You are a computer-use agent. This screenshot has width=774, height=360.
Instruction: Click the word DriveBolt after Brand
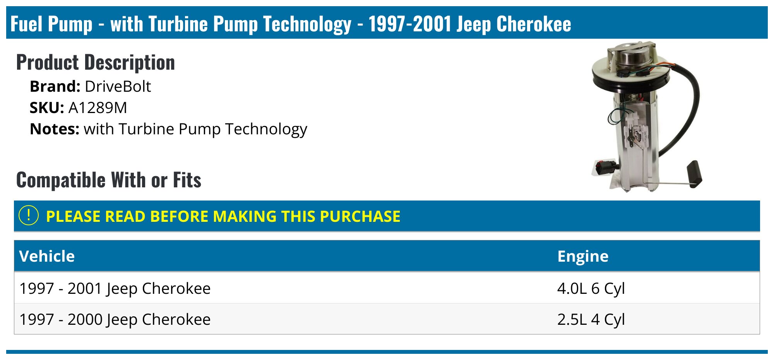click(x=118, y=86)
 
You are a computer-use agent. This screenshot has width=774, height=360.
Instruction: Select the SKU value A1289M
click(x=98, y=108)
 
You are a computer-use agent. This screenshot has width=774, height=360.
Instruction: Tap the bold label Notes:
click(x=55, y=129)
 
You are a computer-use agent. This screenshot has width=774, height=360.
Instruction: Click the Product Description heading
click(x=96, y=62)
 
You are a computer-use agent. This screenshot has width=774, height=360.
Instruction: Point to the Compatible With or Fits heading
click(x=109, y=180)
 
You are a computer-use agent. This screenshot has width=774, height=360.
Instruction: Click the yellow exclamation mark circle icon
click(x=29, y=216)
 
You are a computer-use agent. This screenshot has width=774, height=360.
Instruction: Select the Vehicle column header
click(x=47, y=256)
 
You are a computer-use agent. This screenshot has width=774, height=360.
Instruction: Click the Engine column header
click(x=583, y=256)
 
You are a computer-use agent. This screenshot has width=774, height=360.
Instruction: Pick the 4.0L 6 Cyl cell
click(x=591, y=288)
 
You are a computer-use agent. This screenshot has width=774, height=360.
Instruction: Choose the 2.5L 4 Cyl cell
click(x=591, y=319)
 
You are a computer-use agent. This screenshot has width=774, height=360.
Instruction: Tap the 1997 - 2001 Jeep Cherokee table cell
click(x=115, y=288)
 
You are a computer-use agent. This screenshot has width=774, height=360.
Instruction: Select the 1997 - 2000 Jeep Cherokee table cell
click(x=115, y=319)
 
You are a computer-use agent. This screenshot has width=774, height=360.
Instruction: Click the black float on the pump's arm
click(x=694, y=174)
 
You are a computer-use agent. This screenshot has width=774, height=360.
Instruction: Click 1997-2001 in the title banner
click(x=409, y=24)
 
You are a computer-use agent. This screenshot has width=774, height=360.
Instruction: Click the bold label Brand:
click(x=55, y=86)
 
